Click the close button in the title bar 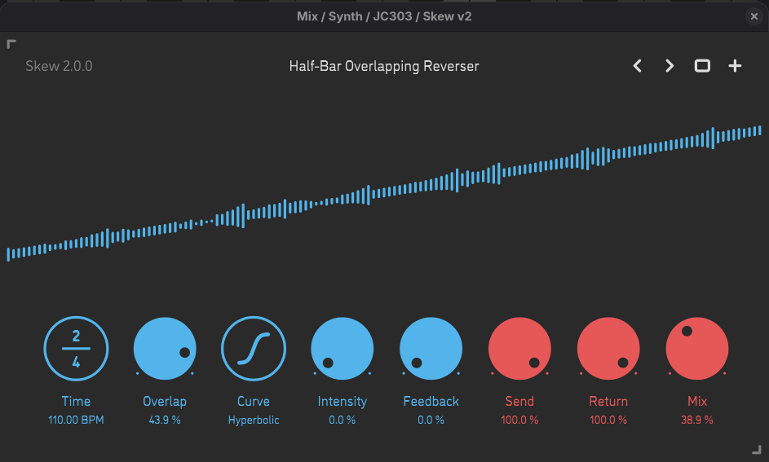(754, 16)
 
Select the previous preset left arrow (638, 66)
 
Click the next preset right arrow (670, 66)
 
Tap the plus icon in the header (735, 66)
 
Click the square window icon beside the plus (702, 66)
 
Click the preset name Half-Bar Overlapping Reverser (384, 66)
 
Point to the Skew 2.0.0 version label (59, 66)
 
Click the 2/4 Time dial (76, 350)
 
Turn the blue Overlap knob (165, 350)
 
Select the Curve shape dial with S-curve (254, 350)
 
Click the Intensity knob (343, 350)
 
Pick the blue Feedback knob (431, 350)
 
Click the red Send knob (519, 350)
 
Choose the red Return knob (608, 350)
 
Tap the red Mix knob (697, 350)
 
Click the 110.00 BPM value (76, 420)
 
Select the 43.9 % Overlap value (165, 420)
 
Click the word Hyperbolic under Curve (254, 420)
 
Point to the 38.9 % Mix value (697, 420)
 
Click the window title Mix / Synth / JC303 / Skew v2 (384, 16)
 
